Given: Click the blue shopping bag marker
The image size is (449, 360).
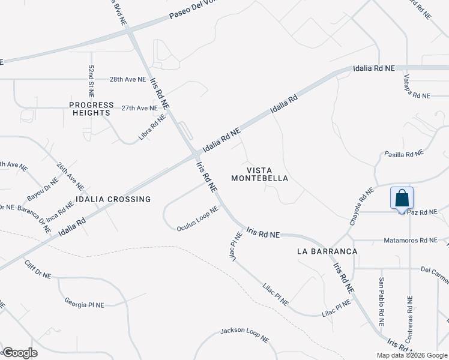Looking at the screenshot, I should (402, 197).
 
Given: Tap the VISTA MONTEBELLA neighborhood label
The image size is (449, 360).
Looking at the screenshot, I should (260, 174).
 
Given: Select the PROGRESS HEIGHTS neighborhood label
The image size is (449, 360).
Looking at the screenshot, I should (91, 109).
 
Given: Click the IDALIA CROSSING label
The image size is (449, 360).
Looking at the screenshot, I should (113, 199).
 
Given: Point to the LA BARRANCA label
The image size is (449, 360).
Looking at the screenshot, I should (327, 251).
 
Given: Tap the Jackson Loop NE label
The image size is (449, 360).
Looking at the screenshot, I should (244, 335).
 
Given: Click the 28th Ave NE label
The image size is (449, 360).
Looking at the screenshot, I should (127, 79).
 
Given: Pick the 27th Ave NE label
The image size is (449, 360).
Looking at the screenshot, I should (139, 108).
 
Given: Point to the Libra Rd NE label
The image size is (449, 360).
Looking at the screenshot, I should (151, 127).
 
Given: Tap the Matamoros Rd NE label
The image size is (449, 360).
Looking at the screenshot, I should (412, 241).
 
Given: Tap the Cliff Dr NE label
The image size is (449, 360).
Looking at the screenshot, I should (38, 270).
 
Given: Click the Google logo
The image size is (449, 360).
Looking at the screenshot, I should (20, 352).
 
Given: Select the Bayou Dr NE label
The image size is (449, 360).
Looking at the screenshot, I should (42, 190).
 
